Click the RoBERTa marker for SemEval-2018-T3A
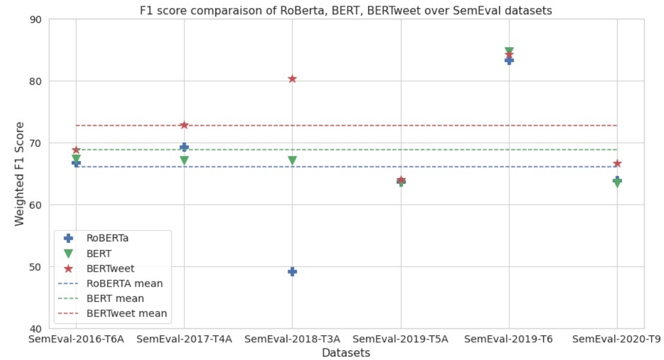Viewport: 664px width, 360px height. tap(292, 272)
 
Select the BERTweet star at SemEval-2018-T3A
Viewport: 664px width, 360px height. tap(292, 79)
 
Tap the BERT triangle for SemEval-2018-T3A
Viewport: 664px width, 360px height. tap(292, 161)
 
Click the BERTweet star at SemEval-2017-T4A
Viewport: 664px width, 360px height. tap(184, 125)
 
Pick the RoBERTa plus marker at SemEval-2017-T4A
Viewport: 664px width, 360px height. tap(184, 147)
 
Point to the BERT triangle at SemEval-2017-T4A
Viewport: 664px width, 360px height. tap(184, 161)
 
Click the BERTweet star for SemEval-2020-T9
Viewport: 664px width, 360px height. tap(617, 163)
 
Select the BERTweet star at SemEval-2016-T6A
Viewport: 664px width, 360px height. tap(76, 150)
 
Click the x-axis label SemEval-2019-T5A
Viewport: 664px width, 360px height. tap(400, 339)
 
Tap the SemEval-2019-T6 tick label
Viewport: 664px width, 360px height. tap(508, 339)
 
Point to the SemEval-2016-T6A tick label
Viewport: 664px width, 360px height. tap(76, 339)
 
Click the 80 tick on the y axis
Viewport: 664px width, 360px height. tap(36, 81)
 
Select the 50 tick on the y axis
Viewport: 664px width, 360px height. tap(36, 267)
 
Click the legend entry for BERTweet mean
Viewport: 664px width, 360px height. tap(113, 314)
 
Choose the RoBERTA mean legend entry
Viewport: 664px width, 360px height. tap(111, 283)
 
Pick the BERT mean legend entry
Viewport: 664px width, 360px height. tap(101, 299)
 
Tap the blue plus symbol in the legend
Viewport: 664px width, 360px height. tap(68, 238)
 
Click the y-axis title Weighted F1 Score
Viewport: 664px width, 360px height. tap(19, 174)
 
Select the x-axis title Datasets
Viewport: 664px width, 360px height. tap(346, 353)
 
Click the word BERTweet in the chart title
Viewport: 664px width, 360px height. tap(394, 10)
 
